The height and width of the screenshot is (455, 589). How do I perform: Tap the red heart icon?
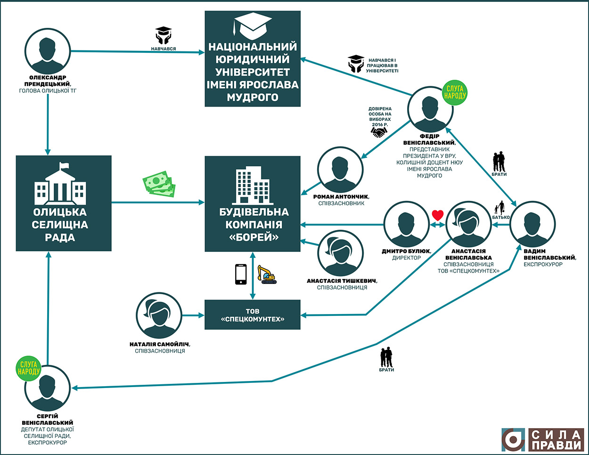438,215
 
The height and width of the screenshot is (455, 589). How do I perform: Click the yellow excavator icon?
267,274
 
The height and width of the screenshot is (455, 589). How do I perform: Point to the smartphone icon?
241,274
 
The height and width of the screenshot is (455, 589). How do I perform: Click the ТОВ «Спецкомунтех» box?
253,314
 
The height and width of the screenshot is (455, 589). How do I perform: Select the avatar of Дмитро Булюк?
407,224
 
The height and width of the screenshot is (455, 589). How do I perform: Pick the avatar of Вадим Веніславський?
533,224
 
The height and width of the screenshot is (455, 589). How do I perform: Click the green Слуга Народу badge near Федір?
455,92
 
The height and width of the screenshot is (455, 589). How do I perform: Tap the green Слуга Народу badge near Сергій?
29,368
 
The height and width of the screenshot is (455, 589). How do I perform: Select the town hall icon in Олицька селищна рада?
60,184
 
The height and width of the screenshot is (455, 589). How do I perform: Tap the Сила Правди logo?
542,439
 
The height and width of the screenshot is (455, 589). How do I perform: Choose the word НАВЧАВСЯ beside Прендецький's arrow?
164,49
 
